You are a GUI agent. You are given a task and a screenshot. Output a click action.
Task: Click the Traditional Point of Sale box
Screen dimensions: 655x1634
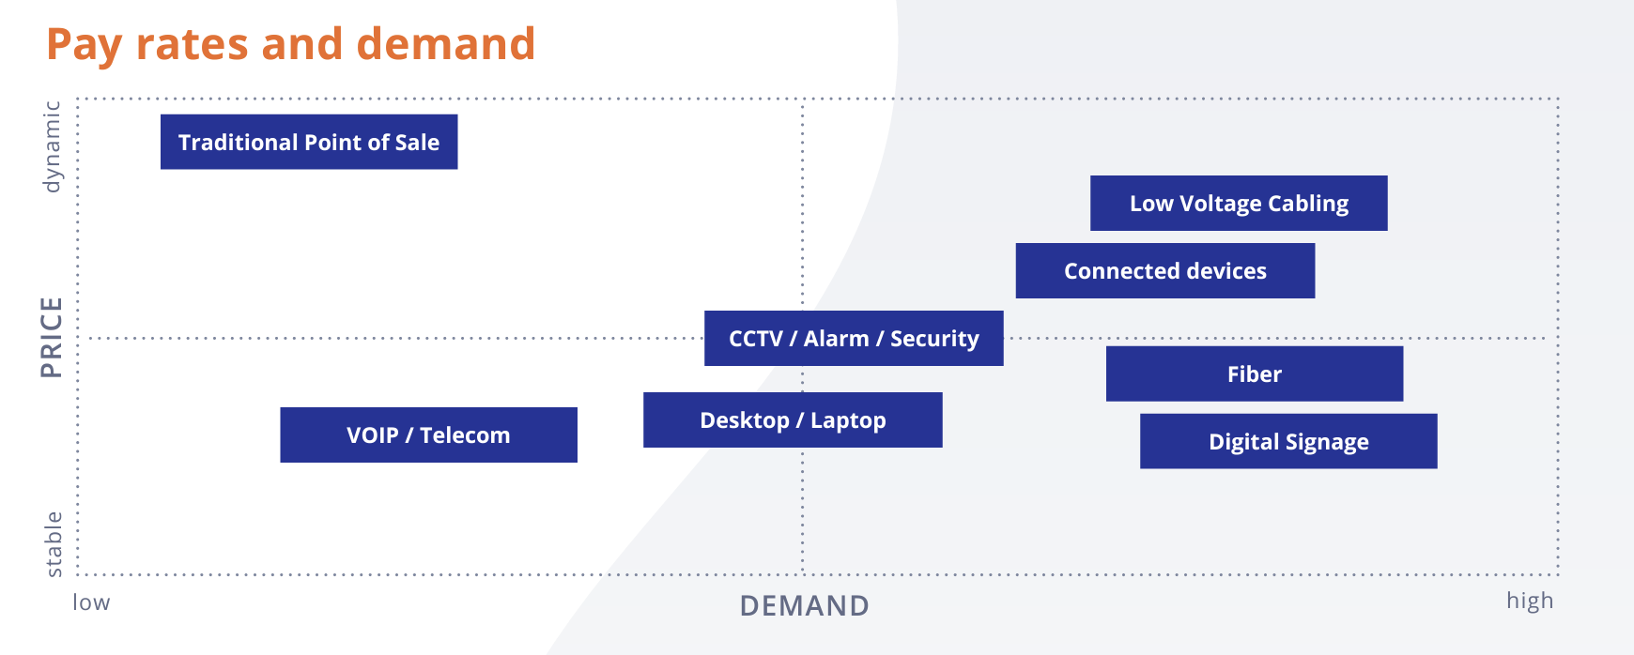(309, 142)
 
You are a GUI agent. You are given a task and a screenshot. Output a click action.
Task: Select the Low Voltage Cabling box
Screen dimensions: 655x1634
(1239, 203)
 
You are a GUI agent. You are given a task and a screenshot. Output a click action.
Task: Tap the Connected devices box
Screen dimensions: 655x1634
(1164, 271)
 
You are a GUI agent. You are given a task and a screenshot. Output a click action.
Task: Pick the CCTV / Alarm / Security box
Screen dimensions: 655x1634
(854, 338)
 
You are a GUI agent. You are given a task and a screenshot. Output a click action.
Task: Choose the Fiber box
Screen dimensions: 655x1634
(1254, 373)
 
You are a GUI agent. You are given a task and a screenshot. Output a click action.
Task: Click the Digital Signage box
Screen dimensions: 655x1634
(1288, 441)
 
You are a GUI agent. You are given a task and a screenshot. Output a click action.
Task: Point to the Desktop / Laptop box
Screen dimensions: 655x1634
(793, 419)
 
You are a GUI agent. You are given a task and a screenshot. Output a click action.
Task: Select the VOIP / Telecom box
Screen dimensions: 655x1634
(428, 434)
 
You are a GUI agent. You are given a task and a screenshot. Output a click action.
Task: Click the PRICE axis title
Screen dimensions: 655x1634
(52, 337)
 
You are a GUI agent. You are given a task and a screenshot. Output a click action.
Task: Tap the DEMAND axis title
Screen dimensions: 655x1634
(805, 606)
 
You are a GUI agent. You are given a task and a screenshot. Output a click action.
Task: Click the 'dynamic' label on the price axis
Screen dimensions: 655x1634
(52, 147)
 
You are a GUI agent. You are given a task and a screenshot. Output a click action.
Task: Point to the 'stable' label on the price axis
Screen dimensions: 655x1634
(54, 544)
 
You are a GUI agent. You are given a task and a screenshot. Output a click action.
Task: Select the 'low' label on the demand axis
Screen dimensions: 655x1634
(91, 602)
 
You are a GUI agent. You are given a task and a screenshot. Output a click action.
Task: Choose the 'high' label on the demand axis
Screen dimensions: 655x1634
(1530, 601)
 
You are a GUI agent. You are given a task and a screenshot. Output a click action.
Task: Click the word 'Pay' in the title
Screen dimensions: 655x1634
(84, 45)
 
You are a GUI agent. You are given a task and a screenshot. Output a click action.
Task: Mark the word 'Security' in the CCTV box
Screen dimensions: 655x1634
(934, 339)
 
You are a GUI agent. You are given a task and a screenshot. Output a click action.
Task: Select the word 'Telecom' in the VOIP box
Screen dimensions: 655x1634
(465, 435)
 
